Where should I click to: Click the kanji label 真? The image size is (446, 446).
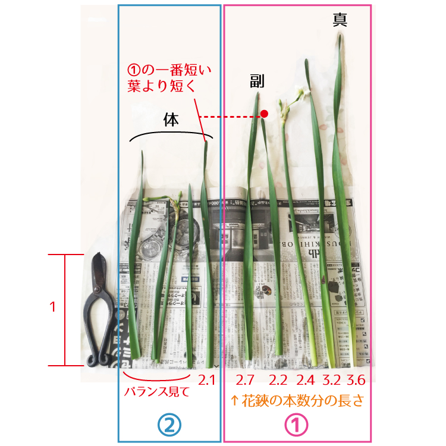point(341,20)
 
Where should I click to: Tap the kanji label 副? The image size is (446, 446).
point(257,81)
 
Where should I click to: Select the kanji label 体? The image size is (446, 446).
point(171,120)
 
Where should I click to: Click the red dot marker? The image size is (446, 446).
point(264,114)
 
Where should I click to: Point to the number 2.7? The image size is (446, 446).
point(245,380)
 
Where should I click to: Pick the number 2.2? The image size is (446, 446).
point(278,380)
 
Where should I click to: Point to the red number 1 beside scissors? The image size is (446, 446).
point(52,307)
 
